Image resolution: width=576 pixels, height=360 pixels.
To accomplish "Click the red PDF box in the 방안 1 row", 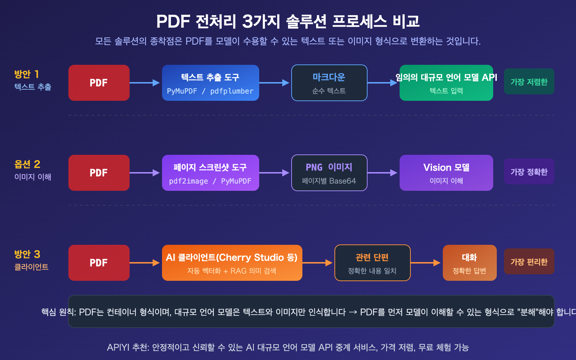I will click(x=99, y=83).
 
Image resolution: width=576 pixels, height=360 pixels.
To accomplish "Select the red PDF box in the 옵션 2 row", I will click(x=99, y=173).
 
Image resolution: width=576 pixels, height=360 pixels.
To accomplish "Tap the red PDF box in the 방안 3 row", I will click(x=99, y=263).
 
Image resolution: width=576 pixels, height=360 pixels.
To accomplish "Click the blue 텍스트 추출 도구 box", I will click(x=211, y=83).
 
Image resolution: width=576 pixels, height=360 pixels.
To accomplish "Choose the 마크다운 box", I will click(x=329, y=83).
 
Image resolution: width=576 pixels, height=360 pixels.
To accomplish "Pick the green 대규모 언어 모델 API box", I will click(x=446, y=83).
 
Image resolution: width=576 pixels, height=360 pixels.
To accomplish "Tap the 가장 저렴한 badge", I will click(x=529, y=81).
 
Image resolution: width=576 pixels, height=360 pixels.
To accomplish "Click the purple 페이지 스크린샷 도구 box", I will click(x=211, y=173).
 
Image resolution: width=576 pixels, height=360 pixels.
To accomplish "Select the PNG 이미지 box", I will click(x=329, y=173).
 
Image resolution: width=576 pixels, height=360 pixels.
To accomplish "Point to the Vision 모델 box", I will click(x=446, y=173).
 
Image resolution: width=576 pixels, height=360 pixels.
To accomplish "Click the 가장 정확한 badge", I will click(x=529, y=171).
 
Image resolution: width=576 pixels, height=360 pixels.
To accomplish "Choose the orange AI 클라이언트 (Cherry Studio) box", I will click(x=232, y=263).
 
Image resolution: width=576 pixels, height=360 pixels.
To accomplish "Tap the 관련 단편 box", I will click(x=372, y=263).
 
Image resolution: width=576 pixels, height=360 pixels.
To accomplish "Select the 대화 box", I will click(x=469, y=263).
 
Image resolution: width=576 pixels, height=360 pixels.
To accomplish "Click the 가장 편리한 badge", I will click(x=529, y=261).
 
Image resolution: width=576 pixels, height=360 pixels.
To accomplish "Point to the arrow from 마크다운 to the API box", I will click(x=383, y=83).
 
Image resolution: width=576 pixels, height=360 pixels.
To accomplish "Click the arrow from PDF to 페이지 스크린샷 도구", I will click(x=145, y=173).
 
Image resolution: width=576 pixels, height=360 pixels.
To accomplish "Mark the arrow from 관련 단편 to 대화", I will click(x=426, y=263).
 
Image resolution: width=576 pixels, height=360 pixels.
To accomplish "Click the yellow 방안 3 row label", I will click(x=27, y=254).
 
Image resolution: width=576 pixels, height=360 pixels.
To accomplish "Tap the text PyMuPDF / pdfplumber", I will click(x=210, y=91).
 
